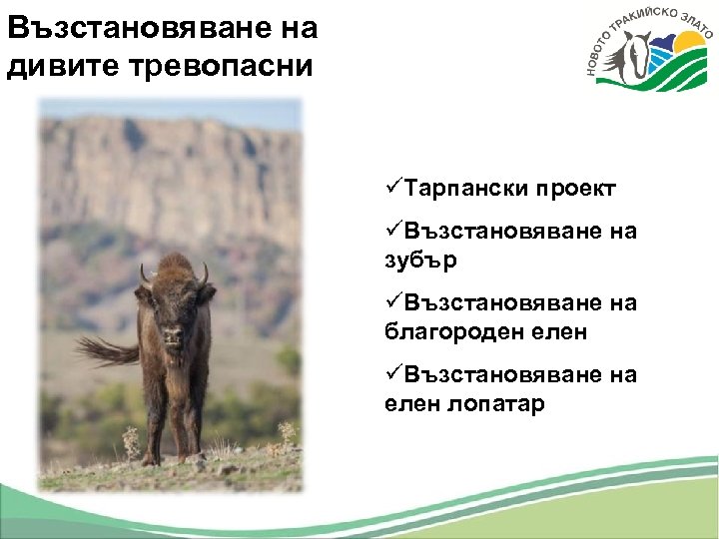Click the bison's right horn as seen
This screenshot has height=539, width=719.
[x=205, y=272]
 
